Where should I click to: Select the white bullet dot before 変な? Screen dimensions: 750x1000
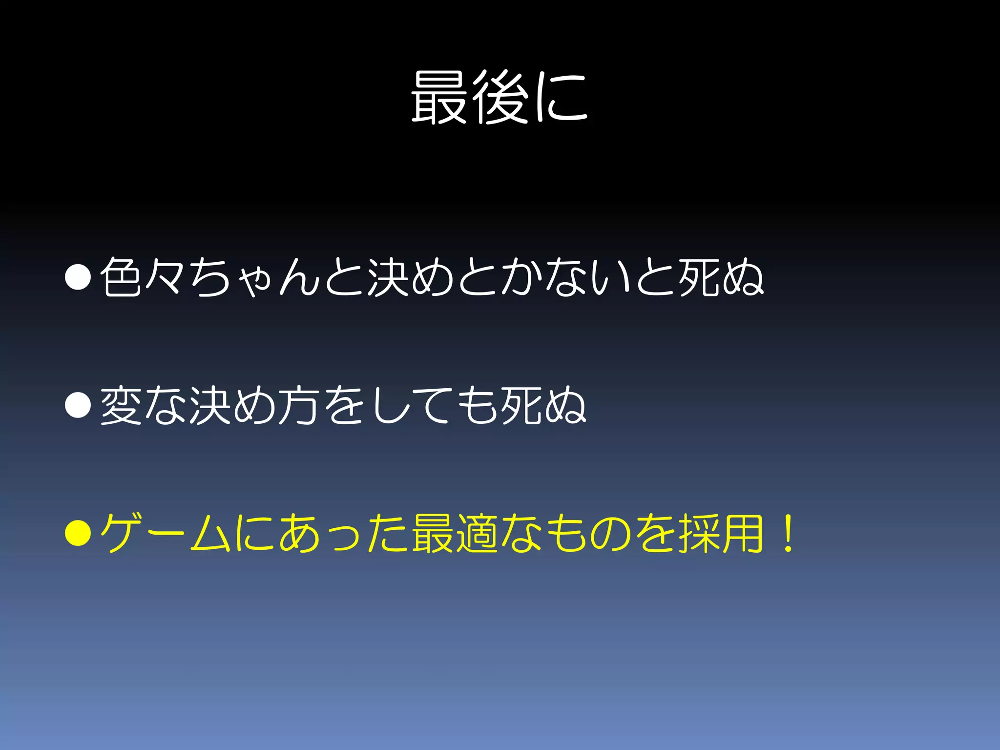78,405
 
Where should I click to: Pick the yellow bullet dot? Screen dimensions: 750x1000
78,533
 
